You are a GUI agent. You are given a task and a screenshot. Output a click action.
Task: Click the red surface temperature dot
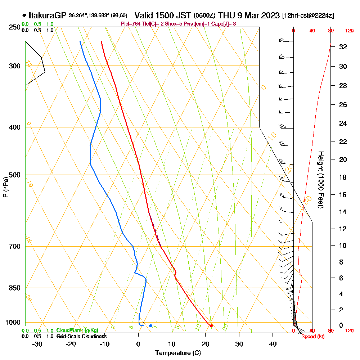coord(211,326)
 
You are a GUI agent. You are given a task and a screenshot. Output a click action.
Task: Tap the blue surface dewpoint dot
coord(150,326)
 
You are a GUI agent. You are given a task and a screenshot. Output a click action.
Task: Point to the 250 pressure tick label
coord(14,27)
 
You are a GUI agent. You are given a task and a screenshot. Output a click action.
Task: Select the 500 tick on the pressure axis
coord(14,175)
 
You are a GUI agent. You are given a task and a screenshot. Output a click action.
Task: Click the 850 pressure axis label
coord(14,288)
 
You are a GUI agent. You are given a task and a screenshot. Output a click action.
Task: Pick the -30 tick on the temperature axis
coord(37,344)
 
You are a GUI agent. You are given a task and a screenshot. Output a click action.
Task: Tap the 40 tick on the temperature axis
coord(273,344)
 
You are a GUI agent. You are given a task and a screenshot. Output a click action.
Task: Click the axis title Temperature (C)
coord(178,353)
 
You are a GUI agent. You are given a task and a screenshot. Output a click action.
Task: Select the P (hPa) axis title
coord(5,187)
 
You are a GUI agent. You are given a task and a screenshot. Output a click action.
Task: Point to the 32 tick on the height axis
coord(343,47)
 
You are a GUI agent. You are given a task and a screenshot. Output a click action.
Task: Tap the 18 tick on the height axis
coord(343,177)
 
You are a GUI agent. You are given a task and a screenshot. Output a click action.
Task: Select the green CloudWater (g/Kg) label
coord(77,330)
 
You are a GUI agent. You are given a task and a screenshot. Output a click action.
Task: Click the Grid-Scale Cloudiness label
coord(81,336)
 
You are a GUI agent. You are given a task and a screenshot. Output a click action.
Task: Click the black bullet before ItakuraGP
coord(24,15)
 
